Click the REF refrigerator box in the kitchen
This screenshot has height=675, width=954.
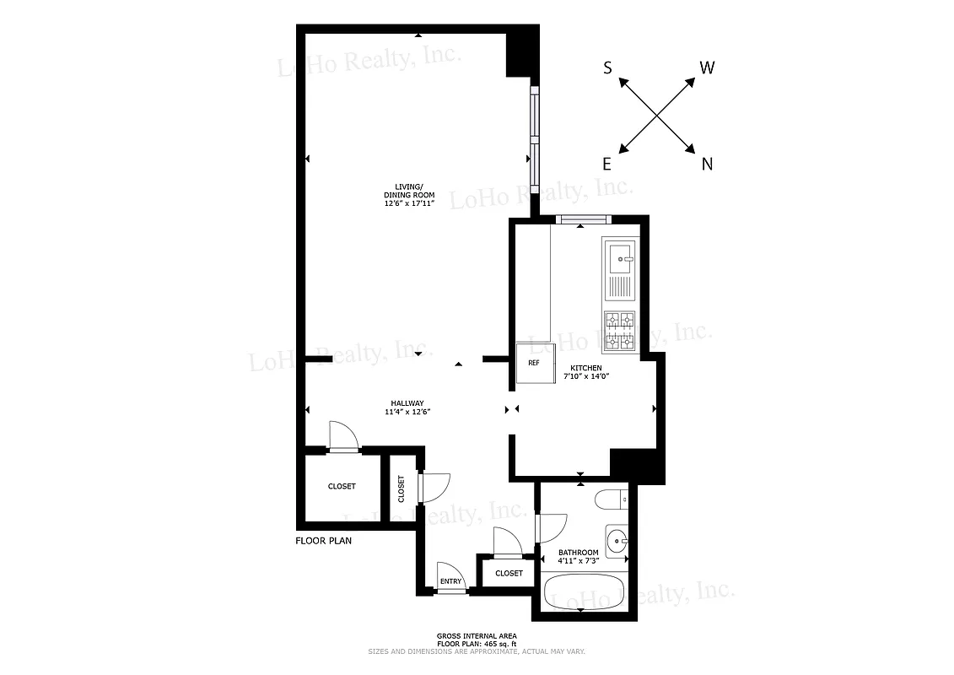[534, 364]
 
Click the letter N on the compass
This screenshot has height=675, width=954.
[707, 165]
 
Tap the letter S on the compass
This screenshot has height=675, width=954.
[607, 68]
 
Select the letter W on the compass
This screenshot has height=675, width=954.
[708, 67]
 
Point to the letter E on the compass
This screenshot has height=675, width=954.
[607, 165]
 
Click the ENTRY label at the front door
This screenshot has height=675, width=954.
[451, 581]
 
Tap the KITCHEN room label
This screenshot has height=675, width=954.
[586, 368]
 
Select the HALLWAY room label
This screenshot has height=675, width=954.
[407, 402]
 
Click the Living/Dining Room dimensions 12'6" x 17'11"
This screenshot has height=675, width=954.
[409, 203]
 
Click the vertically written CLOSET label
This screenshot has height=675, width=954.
[402, 489]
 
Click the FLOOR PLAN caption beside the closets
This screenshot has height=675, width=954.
[323, 541]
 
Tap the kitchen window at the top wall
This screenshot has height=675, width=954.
[583, 221]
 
